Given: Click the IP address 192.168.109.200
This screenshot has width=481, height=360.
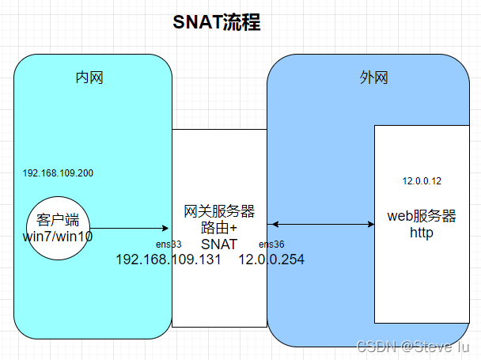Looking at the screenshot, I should coord(59,172).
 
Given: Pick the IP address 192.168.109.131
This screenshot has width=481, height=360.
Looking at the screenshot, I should coord(169,260).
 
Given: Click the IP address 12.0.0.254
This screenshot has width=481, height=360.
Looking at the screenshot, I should coord(271,260).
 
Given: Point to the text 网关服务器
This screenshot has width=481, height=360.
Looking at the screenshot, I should coord(219,211).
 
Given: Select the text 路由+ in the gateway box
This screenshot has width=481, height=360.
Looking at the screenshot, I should coord(219,228).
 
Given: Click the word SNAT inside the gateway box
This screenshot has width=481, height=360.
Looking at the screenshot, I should coord(219,244).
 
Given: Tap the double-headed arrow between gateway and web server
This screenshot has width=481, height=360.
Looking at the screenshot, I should coord(320,225).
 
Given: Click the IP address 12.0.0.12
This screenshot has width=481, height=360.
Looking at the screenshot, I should coord(422,181).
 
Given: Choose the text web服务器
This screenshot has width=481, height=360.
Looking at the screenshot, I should coord(422,216).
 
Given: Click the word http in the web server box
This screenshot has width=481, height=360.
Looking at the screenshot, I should coord(422,233).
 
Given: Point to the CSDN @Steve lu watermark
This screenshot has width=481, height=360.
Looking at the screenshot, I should coord(414,346).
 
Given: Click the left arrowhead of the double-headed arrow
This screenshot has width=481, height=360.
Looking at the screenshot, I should coord(271,225).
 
